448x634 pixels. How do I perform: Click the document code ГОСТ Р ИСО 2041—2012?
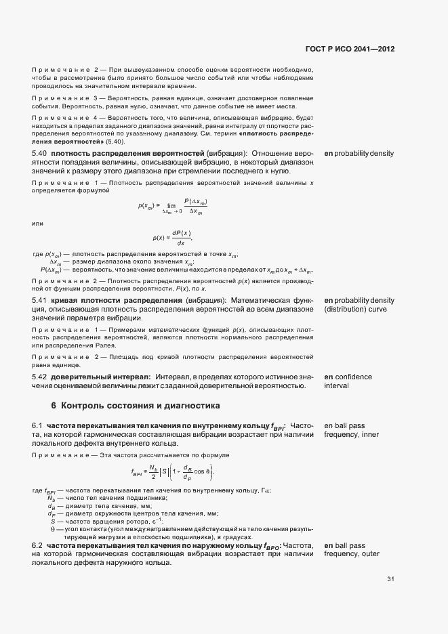(350, 49)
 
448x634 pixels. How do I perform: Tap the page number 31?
(390, 579)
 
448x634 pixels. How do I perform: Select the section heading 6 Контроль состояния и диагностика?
(136, 406)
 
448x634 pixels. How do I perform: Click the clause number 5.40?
(41, 154)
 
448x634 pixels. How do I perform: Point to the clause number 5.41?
(41, 300)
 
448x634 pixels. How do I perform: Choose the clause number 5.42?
(41, 377)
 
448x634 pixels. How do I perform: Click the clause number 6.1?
(37, 425)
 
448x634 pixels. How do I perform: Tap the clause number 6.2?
(37, 545)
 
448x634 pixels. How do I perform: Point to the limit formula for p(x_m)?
(173, 207)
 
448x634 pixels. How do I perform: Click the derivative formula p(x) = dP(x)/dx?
(174, 238)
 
